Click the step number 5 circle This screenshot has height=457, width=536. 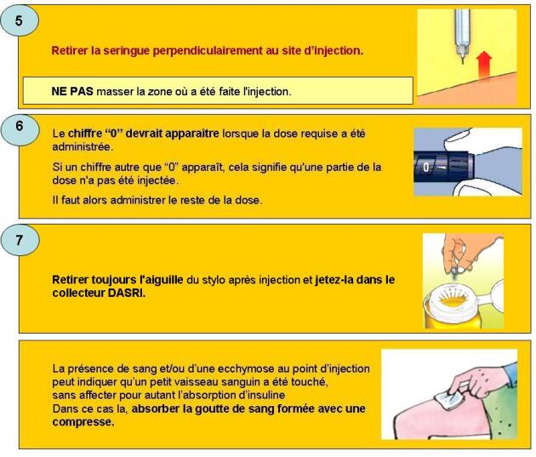19,21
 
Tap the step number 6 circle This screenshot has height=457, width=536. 20,130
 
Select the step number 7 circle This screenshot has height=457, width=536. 20,240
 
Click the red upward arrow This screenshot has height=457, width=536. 484,64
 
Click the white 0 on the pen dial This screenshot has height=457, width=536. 425,167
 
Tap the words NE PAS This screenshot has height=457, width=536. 72,92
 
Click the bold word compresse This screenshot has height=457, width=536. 83,422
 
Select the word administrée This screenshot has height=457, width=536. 83,146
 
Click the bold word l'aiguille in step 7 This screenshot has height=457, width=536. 162,280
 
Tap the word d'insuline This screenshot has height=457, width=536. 262,395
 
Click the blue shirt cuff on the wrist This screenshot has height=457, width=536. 511,373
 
